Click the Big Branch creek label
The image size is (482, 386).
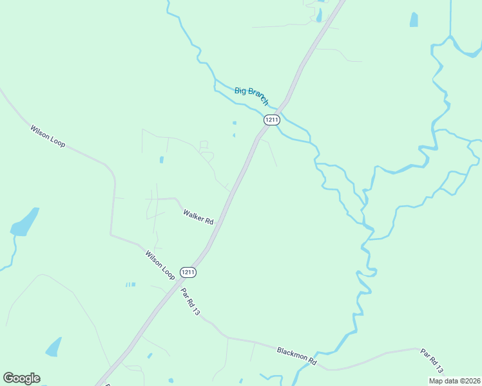251,96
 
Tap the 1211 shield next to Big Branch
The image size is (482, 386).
272,120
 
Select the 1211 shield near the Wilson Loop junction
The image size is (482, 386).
188,272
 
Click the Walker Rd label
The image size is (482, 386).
198,216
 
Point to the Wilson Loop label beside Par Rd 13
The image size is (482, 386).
160,264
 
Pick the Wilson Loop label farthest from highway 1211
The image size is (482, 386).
48,136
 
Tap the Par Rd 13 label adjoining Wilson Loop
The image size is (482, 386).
191,301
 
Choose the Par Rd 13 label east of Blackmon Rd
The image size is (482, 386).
432,361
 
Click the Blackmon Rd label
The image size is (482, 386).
297,356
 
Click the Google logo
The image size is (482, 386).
21,378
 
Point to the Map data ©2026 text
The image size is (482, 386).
454,380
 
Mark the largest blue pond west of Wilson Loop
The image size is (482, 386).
25,222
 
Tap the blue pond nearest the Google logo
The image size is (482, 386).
54,347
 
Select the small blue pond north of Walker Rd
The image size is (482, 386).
161,160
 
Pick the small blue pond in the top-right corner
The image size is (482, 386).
414,20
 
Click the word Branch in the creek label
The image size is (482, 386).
259,98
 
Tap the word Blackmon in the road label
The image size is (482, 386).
292,353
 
